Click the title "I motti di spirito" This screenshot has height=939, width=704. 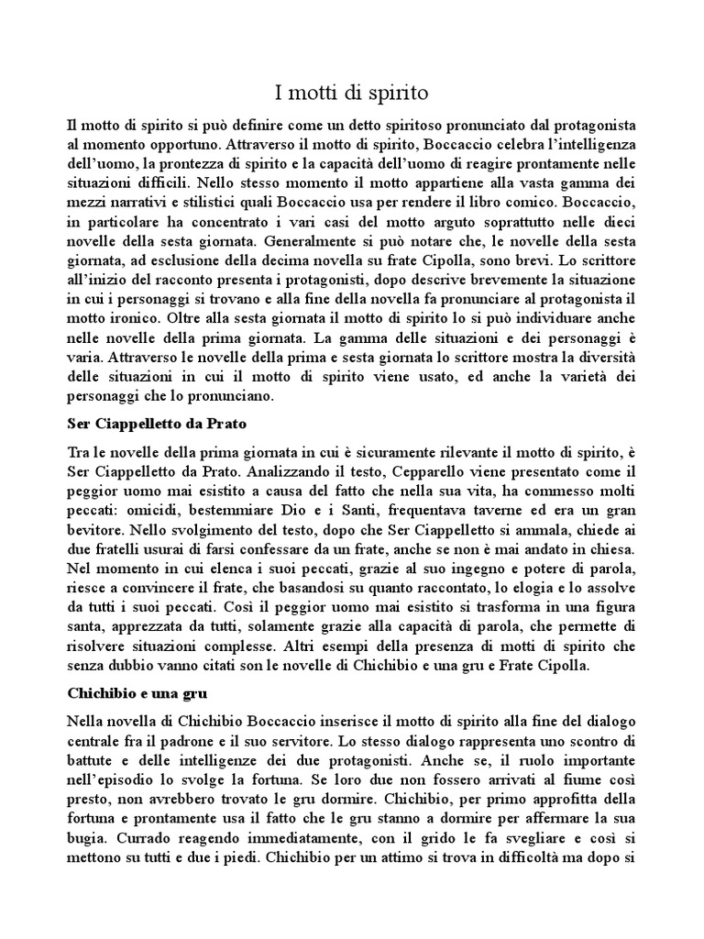[352, 93]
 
